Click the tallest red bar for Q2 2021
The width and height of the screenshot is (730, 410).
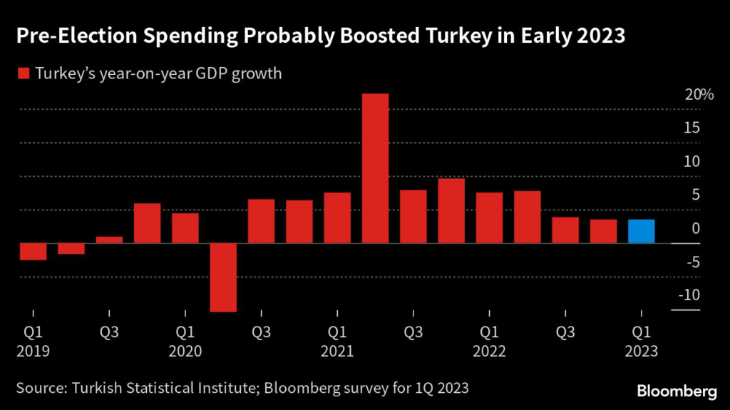coord(375,168)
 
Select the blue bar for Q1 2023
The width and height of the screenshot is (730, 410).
coord(641,231)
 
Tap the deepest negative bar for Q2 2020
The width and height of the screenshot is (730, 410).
coord(223,277)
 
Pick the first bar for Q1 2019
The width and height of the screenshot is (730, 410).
coord(33,251)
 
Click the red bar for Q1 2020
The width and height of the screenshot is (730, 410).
coord(185,228)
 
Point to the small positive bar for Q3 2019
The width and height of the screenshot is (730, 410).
coord(109,240)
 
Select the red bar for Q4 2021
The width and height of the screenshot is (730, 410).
coord(451,210)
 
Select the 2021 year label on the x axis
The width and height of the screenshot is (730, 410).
coord(337,352)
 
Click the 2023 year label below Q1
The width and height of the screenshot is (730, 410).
coord(641,352)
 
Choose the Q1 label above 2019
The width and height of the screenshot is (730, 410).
coord(33,333)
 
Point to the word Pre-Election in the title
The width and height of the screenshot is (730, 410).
coord(69,36)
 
